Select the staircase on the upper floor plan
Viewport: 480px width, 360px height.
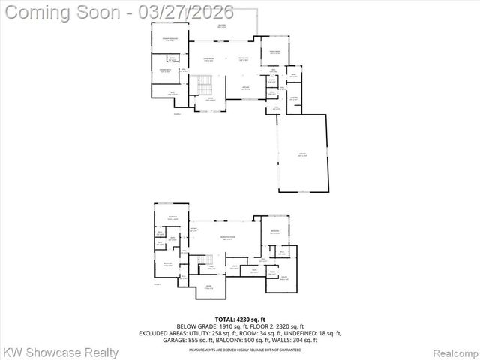click(x=200, y=85)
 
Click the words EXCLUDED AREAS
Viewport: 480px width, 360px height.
click(x=160, y=334)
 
